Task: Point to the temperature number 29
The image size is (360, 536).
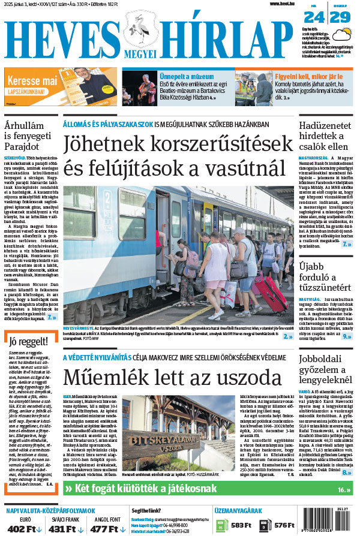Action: [341, 17]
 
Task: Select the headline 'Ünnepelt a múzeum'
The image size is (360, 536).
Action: [186, 77]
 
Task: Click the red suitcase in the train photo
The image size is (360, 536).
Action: [272, 293]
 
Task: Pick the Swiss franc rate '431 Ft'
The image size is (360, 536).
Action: [62, 528]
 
